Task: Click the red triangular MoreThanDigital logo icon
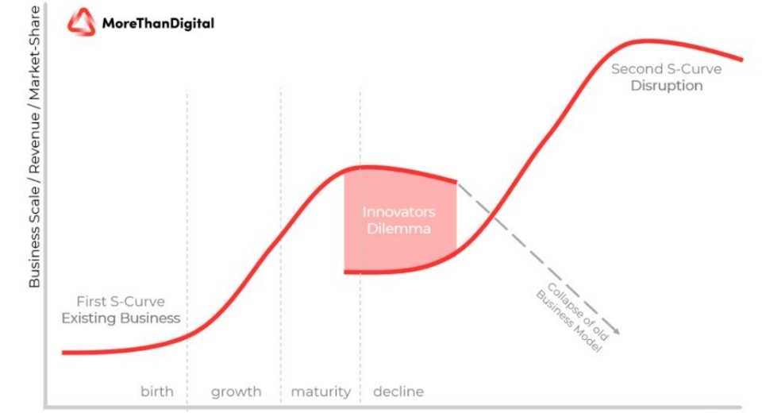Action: (81, 22)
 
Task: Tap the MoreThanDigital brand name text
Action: (158, 23)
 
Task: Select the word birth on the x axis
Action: (157, 391)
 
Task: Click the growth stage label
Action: (237, 392)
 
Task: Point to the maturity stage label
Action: (321, 392)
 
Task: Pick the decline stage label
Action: (398, 391)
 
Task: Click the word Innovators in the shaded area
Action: (398, 212)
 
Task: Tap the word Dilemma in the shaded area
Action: (398, 229)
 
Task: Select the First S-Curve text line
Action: (121, 301)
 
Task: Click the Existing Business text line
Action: (121, 318)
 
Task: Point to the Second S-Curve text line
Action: (666, 69)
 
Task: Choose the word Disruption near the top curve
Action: (667, 86)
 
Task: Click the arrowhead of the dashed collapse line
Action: (616, 332)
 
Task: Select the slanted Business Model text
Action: (568, 321)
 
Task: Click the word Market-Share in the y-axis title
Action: (34, 53)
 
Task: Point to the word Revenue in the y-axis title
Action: (34, 144)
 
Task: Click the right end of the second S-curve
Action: (741, 60)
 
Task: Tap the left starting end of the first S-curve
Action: (63, 353)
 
